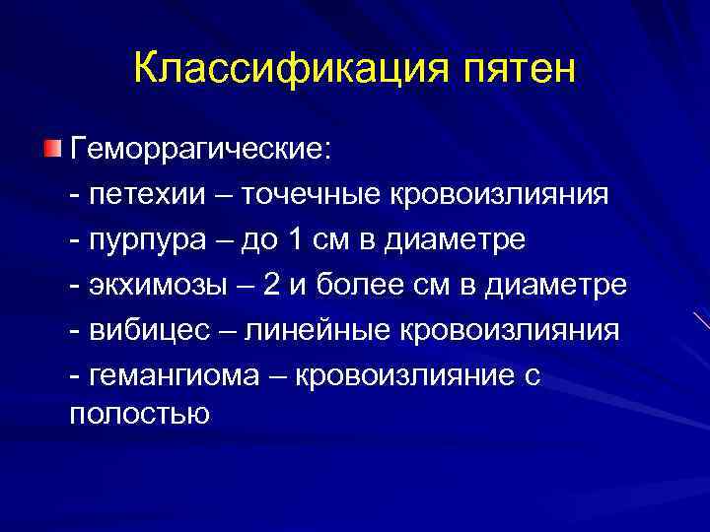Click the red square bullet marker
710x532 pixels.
[51, 150]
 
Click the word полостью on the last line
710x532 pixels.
[140, 413]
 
